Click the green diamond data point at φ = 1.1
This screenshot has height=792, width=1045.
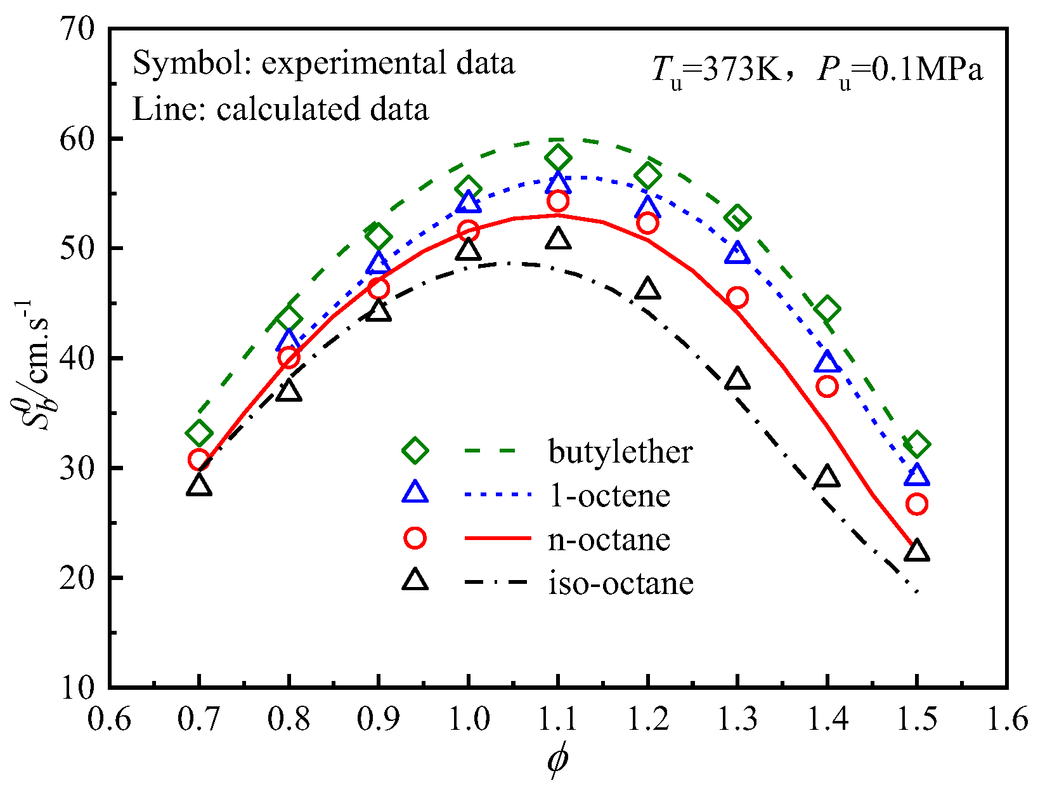coord(558,157)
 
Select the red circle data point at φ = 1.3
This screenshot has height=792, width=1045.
coord(737,297)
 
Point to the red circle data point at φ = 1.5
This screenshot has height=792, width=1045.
coord(917,504)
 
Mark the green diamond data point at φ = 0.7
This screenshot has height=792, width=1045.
coord(199,433)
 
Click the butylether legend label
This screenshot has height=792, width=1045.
coord(620,452)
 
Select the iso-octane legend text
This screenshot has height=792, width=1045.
coord(621,583)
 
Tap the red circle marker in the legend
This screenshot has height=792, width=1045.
coord(415,538)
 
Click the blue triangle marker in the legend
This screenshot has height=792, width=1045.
coord(415,493)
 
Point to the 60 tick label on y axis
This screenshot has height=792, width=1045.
coord(77,138)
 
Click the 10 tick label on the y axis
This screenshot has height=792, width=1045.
coord(77,687)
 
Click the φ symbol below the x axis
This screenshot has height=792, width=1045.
coord(557,760)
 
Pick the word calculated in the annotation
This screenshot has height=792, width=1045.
coord(280,109)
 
